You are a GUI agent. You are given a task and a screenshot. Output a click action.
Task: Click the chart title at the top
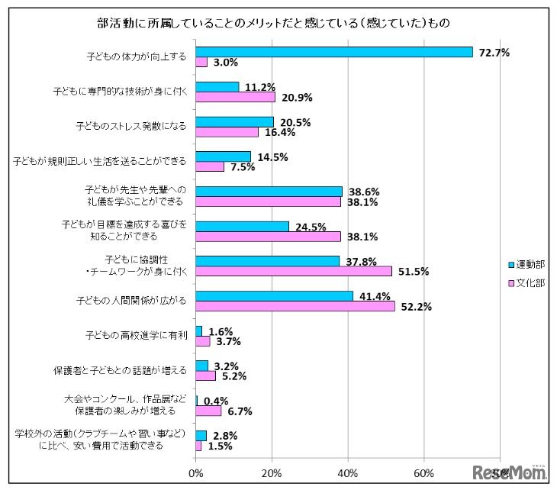coord(278,24)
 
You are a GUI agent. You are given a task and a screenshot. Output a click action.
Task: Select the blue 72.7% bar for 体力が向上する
coord(334,52)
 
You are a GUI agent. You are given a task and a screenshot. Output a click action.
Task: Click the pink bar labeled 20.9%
coord(236,97)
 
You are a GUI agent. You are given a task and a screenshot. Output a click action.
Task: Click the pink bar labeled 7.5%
coord(210,166)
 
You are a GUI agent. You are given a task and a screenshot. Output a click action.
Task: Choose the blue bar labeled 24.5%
coord(243,226)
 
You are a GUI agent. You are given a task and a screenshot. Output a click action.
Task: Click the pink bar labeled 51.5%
coord(294,271)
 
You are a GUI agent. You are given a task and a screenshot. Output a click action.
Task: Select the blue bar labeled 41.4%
coord(275,295)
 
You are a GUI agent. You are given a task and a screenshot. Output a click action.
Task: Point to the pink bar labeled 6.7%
coord(208,411)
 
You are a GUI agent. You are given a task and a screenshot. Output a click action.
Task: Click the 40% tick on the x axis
coord(348,473)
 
